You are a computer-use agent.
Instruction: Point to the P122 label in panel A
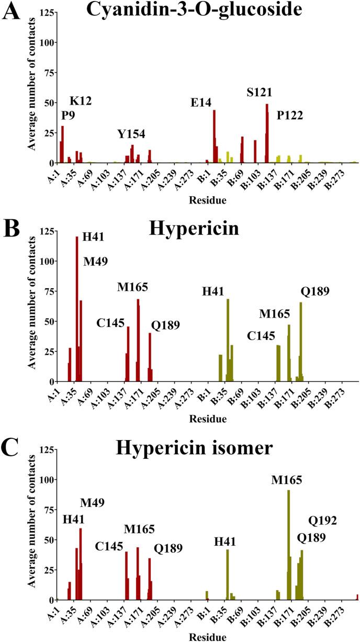click(290, 115)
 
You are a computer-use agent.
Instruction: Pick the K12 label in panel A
click(81, 101)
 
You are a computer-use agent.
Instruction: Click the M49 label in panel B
click(95, 262)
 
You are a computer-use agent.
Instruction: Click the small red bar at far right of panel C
click(357, 597)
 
